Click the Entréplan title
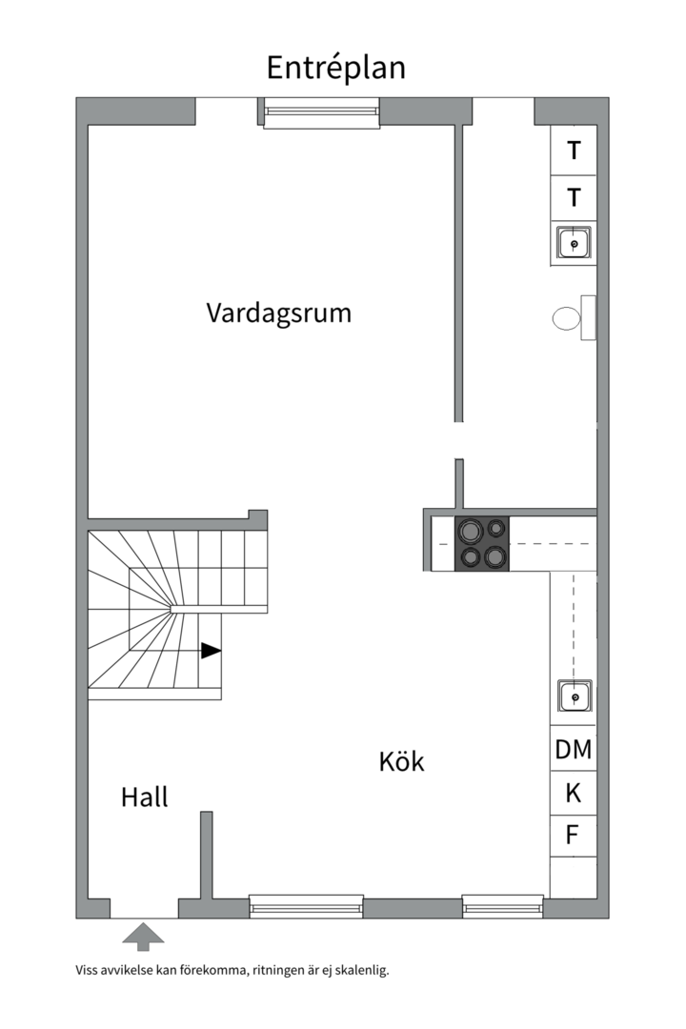pos(335,68)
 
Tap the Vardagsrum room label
pos(278,313)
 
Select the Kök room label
pos(401,761)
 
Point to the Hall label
pos(144,797)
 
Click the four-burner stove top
pos(482,544)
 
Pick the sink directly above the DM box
pos(575,697)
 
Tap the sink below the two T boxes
pos(574,244)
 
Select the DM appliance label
pos(574,750)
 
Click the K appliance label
pos(574,793)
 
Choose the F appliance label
pos(573,836)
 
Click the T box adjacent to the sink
pos(574,198)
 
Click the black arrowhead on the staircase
pos(211,651)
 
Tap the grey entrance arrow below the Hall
pos(143,936)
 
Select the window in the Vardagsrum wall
pos(321,113)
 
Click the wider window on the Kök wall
pos(306,906)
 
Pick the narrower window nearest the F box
pos(502,906)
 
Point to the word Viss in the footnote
pos(88,971)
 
